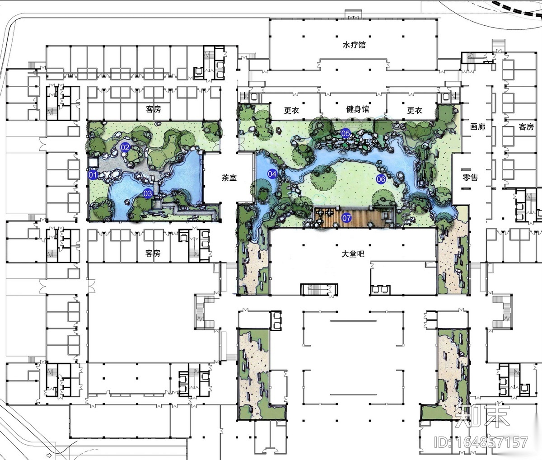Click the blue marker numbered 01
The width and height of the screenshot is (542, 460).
(x=93, y=175)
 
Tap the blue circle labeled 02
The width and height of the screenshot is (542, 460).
(x=125, y=147)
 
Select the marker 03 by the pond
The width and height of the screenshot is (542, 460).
(x=148, y=193)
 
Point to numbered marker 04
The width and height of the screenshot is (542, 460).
(x=272, y=174)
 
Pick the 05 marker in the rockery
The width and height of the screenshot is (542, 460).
(x=346, y=133)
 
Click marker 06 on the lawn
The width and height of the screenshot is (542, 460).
(x=381, y=179)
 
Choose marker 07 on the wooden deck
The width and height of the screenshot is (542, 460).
(x=346, y=218)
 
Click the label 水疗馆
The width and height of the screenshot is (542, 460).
(x=354, y=45)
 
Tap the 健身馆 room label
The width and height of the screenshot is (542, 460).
(x=357, y=109)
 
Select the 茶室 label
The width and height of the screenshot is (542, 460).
(x=229, y=178)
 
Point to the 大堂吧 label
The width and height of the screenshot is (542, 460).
(x=353, y=254)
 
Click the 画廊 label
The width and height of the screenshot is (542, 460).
(x=477, y=127)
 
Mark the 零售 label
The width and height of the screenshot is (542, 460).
(x=470, y=178)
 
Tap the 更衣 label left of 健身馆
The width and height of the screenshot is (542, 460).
(x=291, y=110)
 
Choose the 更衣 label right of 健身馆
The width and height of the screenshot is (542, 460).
(x=415, y=110)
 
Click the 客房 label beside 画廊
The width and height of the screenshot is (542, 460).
(x=526, y=127)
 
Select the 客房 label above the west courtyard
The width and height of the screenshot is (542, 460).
(x=154, y=109)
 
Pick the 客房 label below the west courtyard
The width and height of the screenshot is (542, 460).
(x=153, y=253)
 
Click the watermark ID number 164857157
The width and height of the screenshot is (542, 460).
(x=481, y=442)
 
